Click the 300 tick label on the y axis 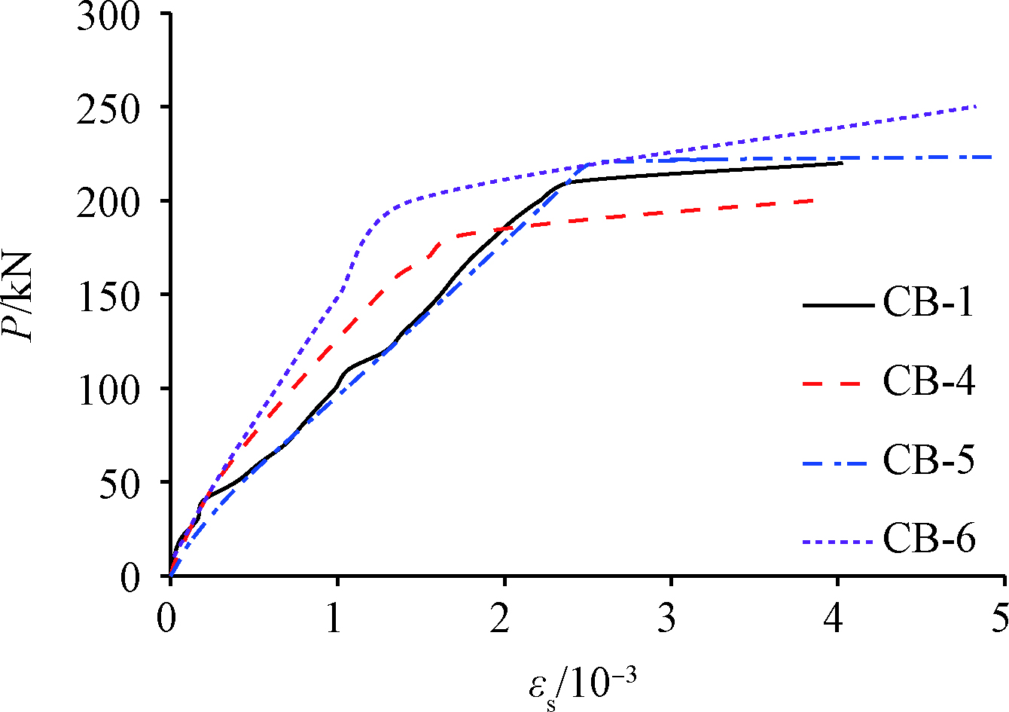point(108,17)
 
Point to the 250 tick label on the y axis point(108,108)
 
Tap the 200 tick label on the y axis point(108,202)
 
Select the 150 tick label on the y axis point(108,295)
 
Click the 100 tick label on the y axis point(108,390)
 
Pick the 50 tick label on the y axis point(120,483)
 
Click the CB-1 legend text point(928,304)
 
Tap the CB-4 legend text point(928,382)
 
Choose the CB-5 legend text point(928,460)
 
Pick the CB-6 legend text point(928,539)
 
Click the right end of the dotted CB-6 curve point(977,106)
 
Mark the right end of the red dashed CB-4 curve point(815,200)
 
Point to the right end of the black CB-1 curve point(842,163)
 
